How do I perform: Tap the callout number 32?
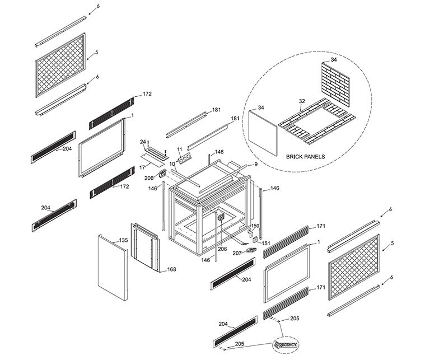pos(301,101)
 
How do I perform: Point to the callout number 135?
pos(123,240)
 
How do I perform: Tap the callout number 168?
pos(171,269)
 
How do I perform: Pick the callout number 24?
pos(143,142)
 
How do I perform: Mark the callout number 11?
pos(180,149)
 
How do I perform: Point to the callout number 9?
pos(255,164)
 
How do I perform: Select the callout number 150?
pos(255,226)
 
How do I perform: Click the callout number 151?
pos(265,243)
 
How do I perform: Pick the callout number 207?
pos(237,254)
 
